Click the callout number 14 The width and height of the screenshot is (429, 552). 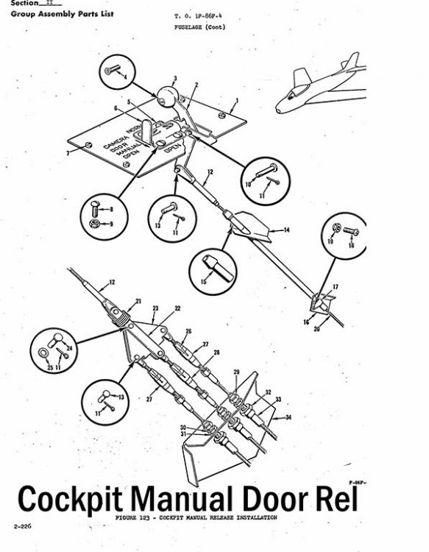tap(287, 230)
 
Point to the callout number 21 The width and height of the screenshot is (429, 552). tap(138, 302)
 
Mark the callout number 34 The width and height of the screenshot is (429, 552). tap(288, 417)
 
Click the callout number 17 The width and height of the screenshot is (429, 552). tap(335, 286)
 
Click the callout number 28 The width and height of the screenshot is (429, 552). tap(216, 353)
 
